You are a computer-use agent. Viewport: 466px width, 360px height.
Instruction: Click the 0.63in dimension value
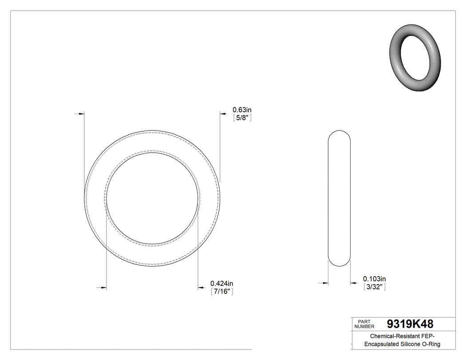tap(242, 110)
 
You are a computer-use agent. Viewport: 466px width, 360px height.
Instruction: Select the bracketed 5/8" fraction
tap(242, 118)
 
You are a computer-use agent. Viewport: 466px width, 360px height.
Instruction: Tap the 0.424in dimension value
tap(221, 284)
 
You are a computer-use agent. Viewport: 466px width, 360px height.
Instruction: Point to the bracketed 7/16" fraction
tap(221, 292)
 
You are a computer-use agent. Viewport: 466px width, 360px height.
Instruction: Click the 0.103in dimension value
tap(374, 279)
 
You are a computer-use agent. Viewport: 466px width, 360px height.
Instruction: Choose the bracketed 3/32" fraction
tap(374, 287)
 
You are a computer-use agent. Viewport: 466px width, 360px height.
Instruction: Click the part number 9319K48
tap(410, 324)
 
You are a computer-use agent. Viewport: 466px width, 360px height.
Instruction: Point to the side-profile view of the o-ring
tap(339, 198)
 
